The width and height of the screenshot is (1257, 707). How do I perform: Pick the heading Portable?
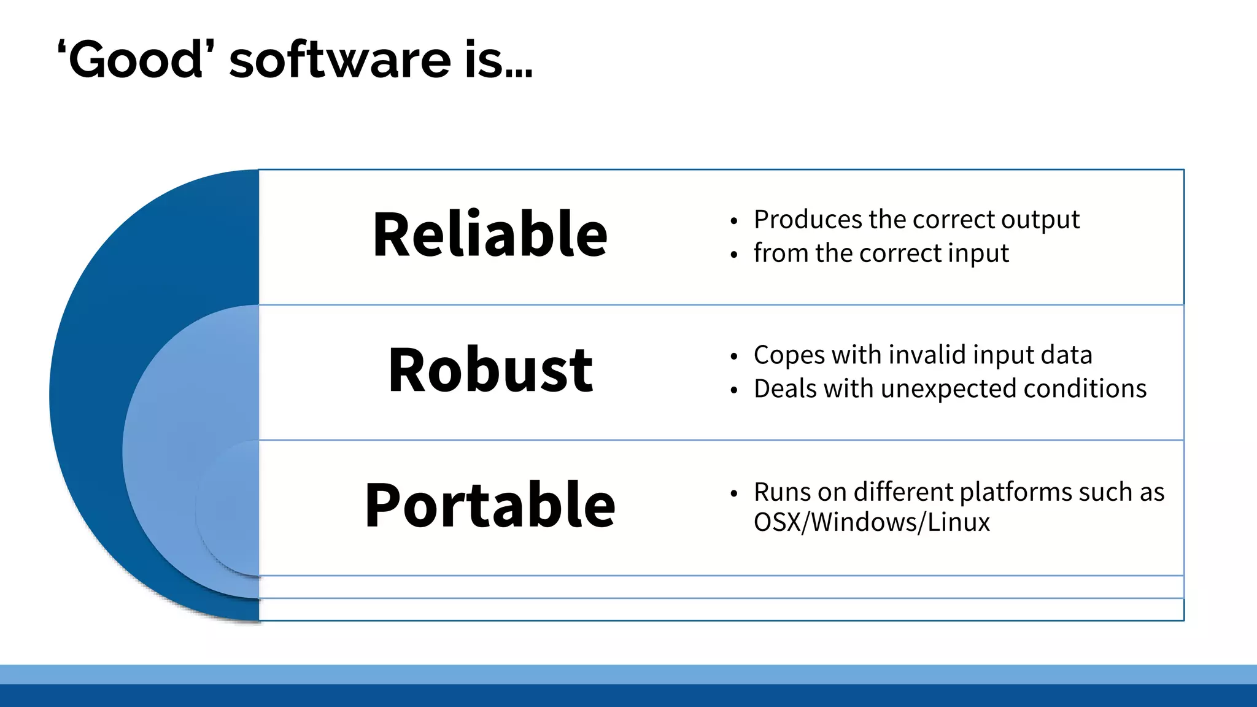490,505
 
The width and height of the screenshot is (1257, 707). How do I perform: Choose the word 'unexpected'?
948,389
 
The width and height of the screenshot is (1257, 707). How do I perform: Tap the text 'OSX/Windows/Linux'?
872,522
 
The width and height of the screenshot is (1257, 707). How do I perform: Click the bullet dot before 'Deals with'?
733,390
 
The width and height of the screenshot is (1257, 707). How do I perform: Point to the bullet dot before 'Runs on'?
733,493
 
